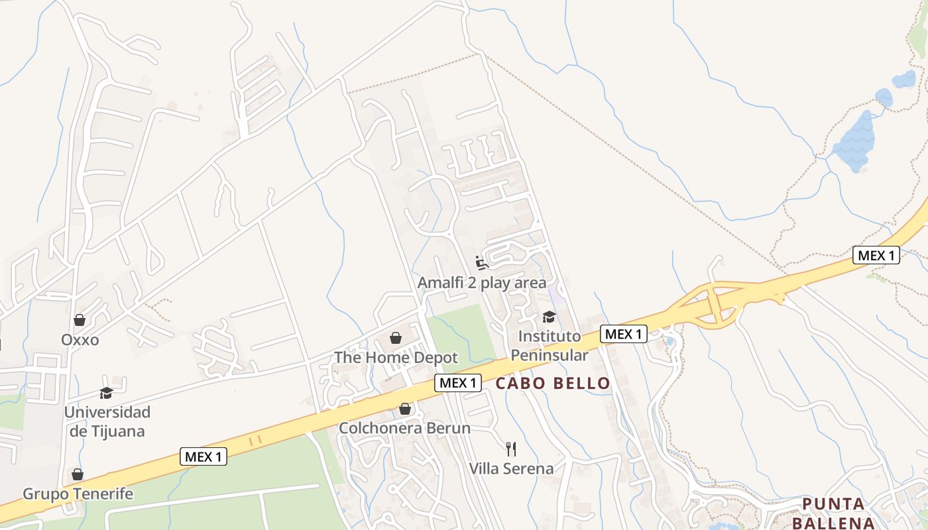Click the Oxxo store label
point(80,340)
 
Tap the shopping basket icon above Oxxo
point(80,320)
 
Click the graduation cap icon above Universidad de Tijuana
point(106,393)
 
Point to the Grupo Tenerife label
point(78,494)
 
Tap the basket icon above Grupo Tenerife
point(78,474)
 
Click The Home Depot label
point(396,358)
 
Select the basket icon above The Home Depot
point(396,338)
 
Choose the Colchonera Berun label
point(404,429)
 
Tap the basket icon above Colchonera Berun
point(404,409)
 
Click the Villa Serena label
point(511,469)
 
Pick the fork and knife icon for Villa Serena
point(511,449)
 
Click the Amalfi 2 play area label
point(482,283)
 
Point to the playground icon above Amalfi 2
point(482,263)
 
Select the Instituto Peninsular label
point(549,346)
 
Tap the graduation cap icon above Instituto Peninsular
point(549,317)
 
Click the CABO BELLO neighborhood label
point(553,383)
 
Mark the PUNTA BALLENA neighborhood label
point(834,513)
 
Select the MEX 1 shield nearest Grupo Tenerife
point(203,456)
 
